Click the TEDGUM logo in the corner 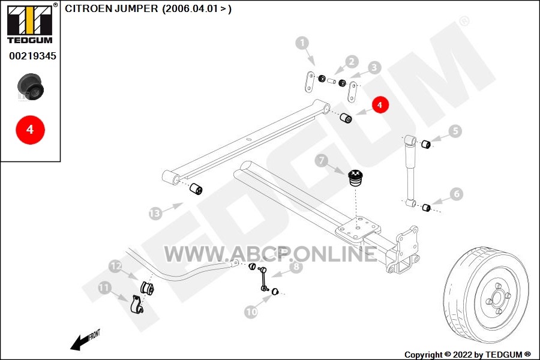[30, 23]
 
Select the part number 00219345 [32, 56]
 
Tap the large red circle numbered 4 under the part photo [31, 130]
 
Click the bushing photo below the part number [31, 87]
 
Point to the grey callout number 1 [302, 43]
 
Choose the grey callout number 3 [374, 68]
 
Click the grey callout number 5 [455, 131]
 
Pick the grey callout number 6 [457, 194]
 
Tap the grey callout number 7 [322, 161]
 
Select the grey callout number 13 [155, 214]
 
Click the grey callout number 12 [115, 266]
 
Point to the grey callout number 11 [104, 287]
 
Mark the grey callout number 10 [251, 312]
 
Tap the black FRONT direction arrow [80, 343]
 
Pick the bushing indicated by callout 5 [426, 144]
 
